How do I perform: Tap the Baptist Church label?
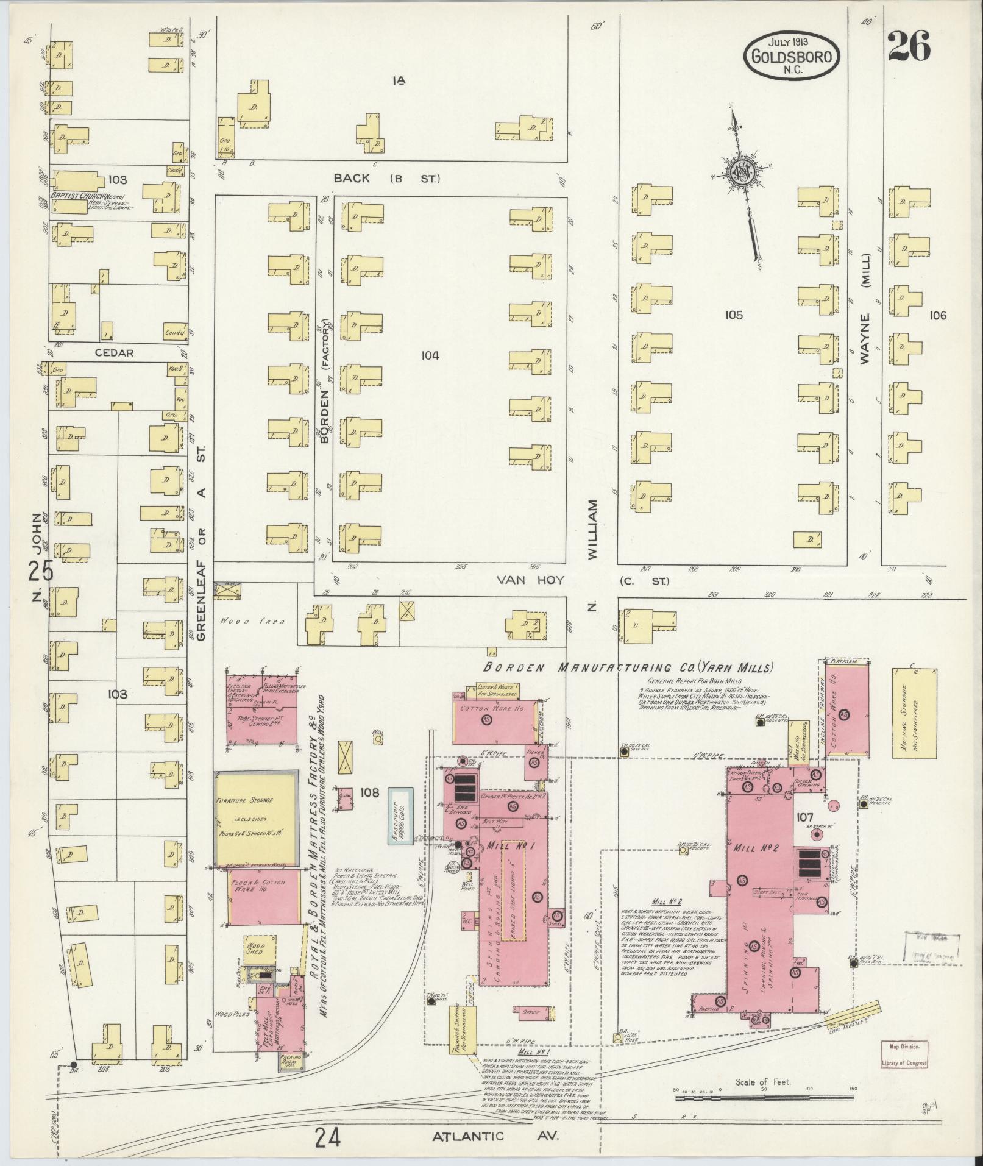[x=85, y=197]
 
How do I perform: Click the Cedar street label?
[x=114, y=352]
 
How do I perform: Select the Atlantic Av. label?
[x=495, y=1137]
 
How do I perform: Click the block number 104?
[x=430, y=355]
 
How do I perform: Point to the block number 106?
[x=939, y=315]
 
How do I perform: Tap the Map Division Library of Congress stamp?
[x=904, y=1053]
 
